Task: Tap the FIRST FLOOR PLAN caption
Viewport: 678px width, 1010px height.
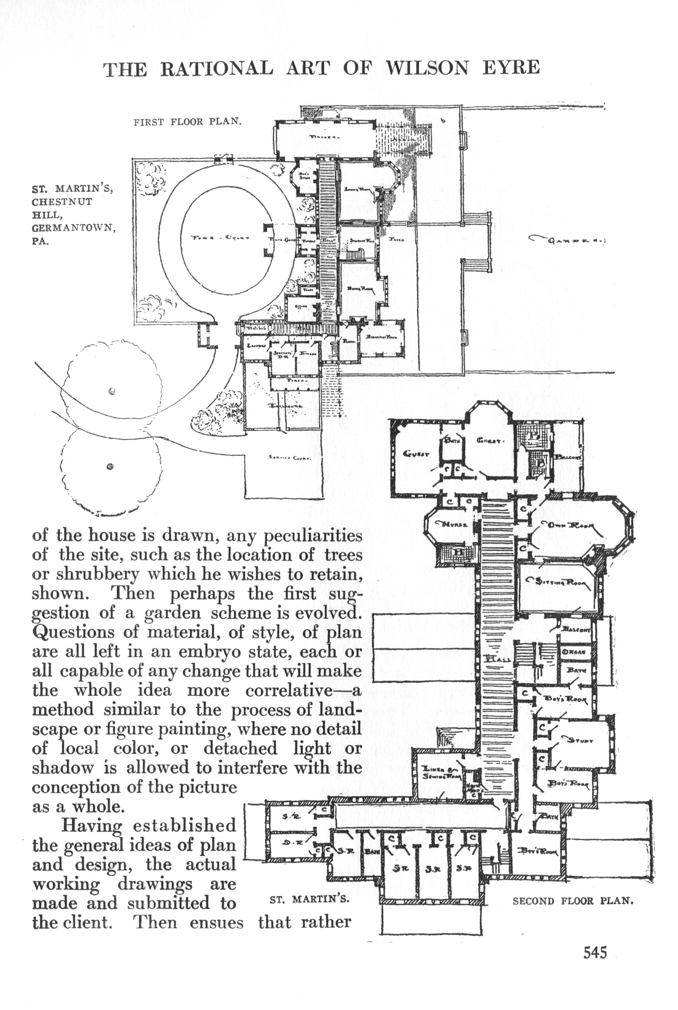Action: pos(187,122)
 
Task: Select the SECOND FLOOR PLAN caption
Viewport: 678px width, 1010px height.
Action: pos(573,901)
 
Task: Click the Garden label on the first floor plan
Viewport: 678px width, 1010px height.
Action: pos(567,240)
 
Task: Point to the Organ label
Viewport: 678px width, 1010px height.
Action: pos(574,652)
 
